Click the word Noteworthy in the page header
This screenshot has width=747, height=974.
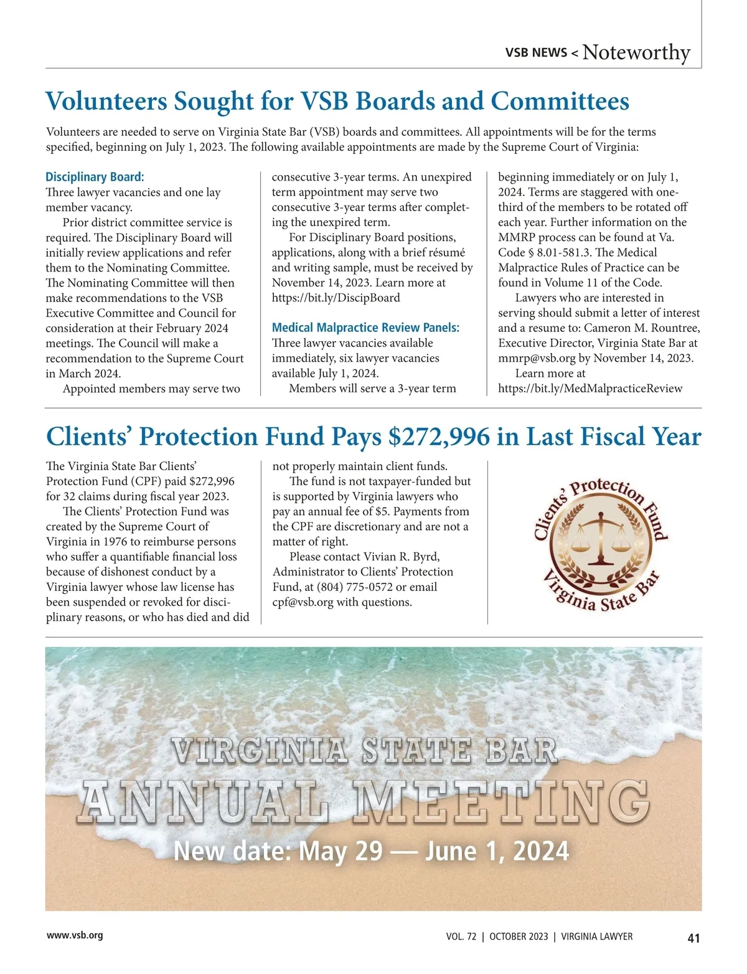coord(636,52)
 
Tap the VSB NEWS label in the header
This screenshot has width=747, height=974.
coord(536,53)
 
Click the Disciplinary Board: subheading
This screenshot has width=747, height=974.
coord(95,177)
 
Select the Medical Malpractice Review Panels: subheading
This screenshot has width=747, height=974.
coord(365,328)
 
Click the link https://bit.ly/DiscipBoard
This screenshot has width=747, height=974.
coord(336,298)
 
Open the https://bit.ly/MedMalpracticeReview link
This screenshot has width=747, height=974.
coord(590,389)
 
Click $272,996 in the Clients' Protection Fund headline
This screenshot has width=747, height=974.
coord(438,437)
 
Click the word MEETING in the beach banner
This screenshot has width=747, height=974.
coord(500,801)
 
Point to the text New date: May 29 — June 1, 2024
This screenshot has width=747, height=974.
coord(371,851)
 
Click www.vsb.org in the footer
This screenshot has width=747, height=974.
coord(75,935)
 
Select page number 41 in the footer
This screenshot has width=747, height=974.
coord(693,938)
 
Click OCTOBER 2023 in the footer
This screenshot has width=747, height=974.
coord(519,937)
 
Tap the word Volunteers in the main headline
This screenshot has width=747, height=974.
coord(106,102)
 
